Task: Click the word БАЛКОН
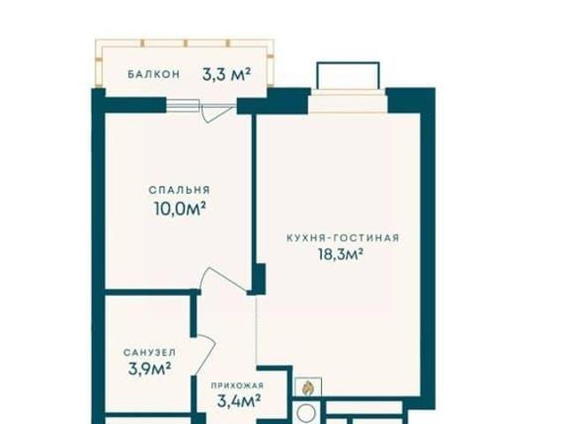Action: pos(153,74)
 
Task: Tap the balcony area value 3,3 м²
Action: pos(226,74)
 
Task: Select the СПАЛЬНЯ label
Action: pos(180,190)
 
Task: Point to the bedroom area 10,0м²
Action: pos(180,208)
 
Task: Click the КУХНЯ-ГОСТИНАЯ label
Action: pos(343,238)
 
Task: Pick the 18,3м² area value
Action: pos(340,254)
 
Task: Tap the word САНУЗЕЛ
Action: pos(149,352)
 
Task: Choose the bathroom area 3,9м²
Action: pos(149,369)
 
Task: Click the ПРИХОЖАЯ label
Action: pos(237,386)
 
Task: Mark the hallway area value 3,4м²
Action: pos(239,401)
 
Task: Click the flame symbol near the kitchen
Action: pos(308,388)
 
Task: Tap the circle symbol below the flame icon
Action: pos(307,412)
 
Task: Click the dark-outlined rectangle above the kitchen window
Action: pos(348,75)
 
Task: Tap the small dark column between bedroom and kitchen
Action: pos(259,279)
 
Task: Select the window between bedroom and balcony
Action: pos(183,105)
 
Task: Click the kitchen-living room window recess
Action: pos(348,102)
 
